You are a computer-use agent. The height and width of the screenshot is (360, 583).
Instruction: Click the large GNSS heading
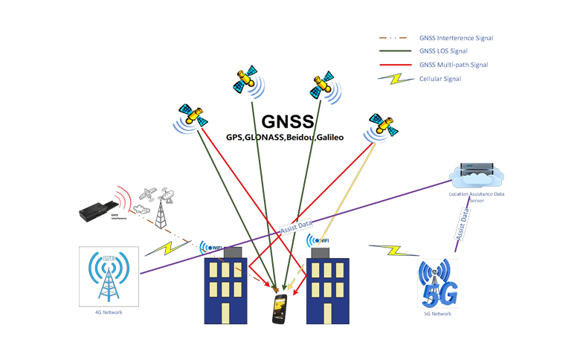[288, 121]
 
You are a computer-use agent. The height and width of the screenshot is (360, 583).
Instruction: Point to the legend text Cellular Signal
[439, 78]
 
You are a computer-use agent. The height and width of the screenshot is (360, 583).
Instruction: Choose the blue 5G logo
[439, 285]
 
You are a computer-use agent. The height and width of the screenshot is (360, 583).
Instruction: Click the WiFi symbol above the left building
[211, 247]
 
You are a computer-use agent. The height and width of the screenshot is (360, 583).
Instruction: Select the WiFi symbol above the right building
[319, 240]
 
